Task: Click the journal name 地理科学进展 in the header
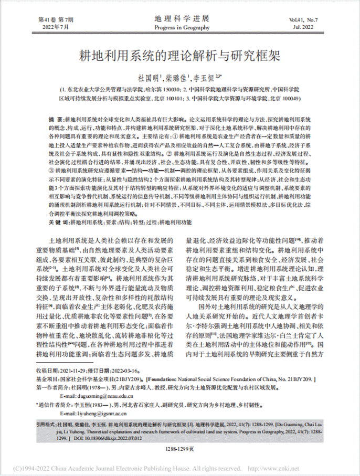pyautogui.click(x=179, y=19)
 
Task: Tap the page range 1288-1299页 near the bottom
pyautogui.click(x=179, y=449)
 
